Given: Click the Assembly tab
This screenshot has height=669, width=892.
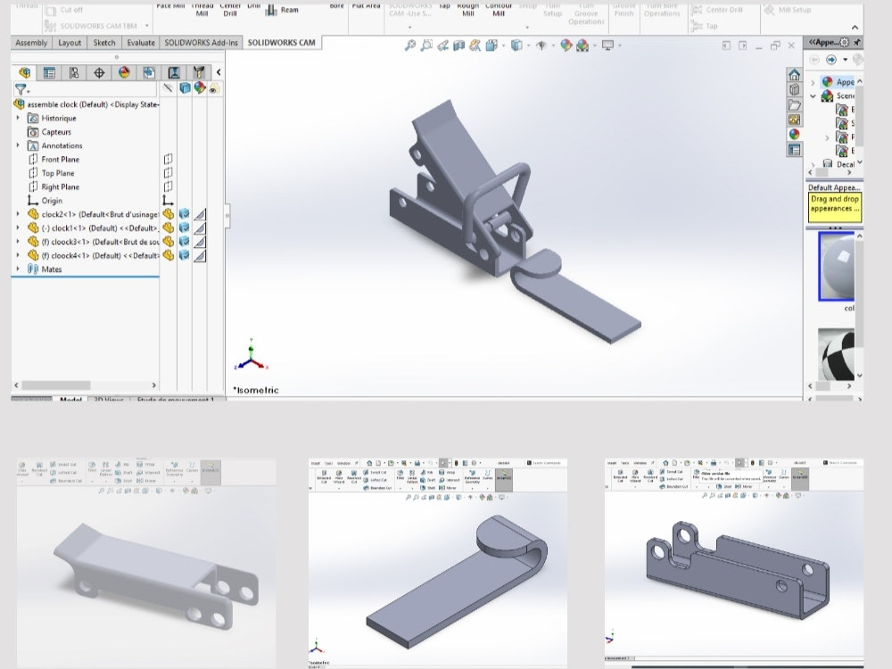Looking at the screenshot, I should pyautogui.click(x=31, y=43).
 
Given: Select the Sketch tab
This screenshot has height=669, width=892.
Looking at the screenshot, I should pyautogui.click(x=104, y=43).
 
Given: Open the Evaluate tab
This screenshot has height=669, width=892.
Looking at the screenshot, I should pyautogui.click(x=141, y=43).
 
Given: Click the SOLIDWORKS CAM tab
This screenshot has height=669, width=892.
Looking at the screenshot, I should pyautogui.click(x=281, y=43).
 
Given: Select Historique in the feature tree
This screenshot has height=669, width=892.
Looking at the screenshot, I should pyautogui.click(x=58, y=118).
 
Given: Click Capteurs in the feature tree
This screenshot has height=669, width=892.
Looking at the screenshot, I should pyautogui.click(x=55, y=132).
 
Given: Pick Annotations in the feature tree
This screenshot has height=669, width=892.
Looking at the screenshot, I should pyautogui.click(x=61, y=145).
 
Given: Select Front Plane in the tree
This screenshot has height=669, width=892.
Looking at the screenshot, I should pyautogui.click(x=60, y=160).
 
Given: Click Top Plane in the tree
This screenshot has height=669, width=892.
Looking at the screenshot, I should pyautogui.click(x=57, y=173).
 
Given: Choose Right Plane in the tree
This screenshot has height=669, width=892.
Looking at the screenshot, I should pyautogui.click(x=60, y=187).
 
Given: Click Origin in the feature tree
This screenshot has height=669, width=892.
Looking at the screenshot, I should pyautogui.click(x=52, y=201).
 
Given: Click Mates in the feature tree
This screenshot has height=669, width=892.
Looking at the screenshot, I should pyautogui.click(x=52, y=269).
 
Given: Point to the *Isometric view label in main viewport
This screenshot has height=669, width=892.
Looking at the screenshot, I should pyautogui.click(x=256, y=390).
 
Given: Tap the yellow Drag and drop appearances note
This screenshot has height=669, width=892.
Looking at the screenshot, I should pyautogui.click(x=834, y=204).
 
